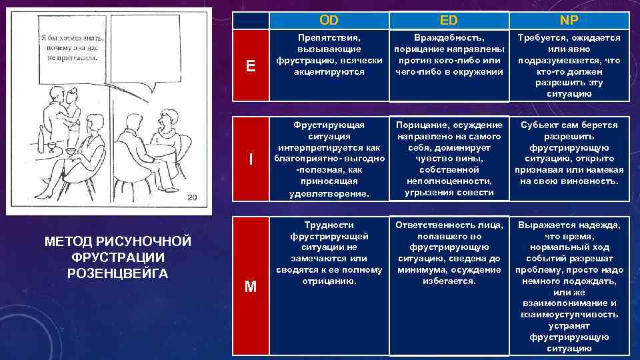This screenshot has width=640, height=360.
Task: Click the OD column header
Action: coord(329,21)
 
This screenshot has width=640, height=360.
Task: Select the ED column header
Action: coord(449,21)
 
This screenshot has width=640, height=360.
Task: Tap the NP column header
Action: coord(569,21)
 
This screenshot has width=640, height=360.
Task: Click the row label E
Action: coord(251,65)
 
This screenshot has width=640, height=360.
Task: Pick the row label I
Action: coord(251,159)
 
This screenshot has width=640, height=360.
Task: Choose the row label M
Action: coord(251,287)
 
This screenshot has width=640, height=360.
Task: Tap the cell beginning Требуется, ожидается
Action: coord(569,65)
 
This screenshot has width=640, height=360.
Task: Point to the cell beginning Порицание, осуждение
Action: coord(449,159)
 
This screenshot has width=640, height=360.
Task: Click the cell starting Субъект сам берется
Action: coord(569,153)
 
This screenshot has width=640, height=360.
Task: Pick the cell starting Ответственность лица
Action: coord(449,253)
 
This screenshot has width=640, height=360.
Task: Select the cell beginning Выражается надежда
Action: coord(569,285)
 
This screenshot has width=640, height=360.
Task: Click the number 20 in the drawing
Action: coord(192,197)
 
